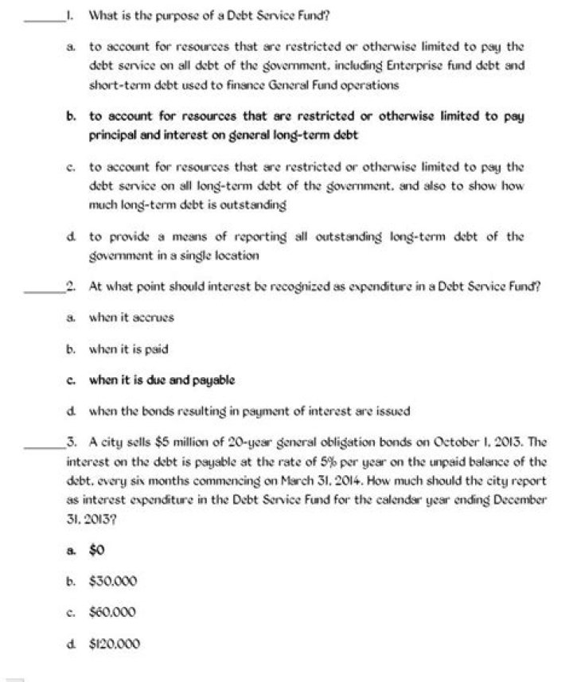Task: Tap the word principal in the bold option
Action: point(116,135)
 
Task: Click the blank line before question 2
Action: point(45,289)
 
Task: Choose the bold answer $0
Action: point(98,549)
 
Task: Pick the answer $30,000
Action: point(113,581)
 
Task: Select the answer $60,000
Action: point(113,612)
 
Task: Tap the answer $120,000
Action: point(115,644)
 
